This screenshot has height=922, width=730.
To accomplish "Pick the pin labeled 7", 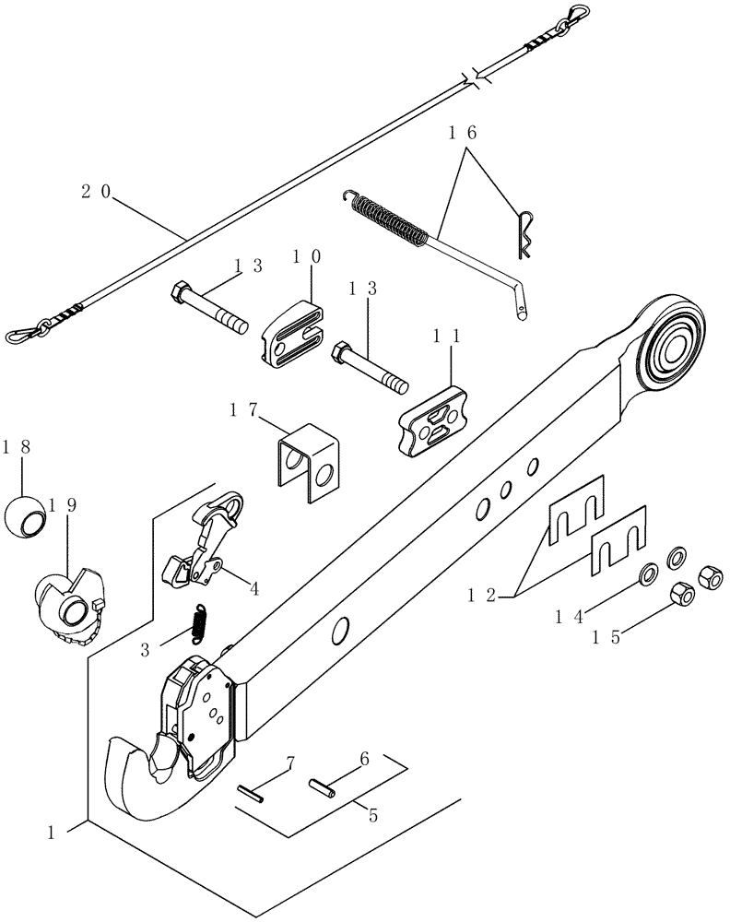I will coord(250,793).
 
